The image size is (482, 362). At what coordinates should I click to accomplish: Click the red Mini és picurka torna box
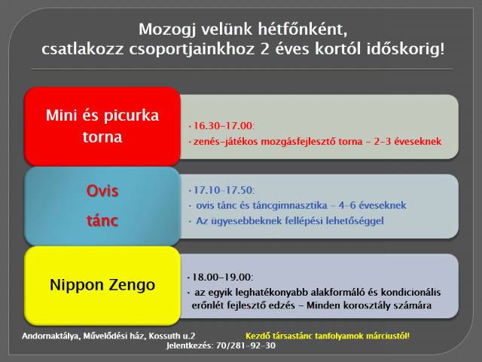(x=102, y=126)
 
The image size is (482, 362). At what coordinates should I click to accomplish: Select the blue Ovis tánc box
(x=102, y=206)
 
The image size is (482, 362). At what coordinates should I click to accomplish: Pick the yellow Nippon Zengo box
(x=102, y=285)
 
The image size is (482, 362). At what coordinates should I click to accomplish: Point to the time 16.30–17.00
(x=223, y=126)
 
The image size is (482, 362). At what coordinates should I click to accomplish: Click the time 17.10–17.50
(x=223, y=190)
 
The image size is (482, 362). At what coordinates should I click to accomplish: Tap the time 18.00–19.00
(x=221, y=277)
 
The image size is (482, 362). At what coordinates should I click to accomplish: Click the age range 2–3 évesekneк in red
(x=407, y=141)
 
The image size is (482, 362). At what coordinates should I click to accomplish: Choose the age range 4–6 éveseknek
(x=372, y=205)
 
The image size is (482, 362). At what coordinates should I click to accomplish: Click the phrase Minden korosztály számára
(x=369, y=305)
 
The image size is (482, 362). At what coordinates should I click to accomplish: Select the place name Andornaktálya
(x=51, y=336)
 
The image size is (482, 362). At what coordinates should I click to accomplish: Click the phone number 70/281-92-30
(x=246, y=345)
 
